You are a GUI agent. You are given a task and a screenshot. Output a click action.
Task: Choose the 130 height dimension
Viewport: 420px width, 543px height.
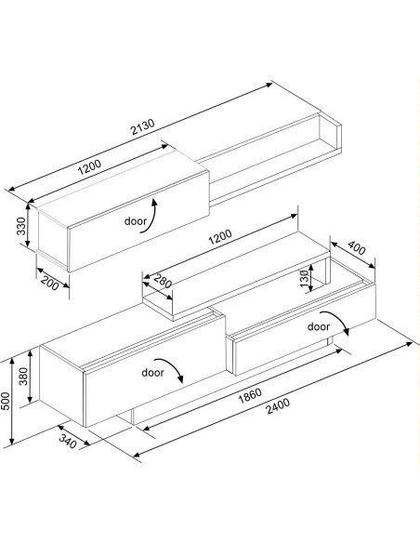(x=304, y=278)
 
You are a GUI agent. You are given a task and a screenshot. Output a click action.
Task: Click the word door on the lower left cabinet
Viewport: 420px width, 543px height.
(x=153, y=371)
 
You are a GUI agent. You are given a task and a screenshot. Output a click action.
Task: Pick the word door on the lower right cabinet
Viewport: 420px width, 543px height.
(x=319, y=326)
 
